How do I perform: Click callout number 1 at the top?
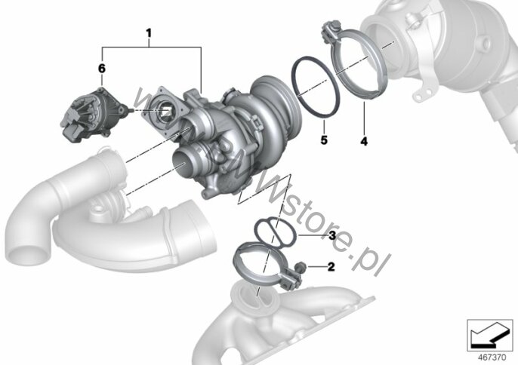point(149,33)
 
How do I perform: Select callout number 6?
point(102,69)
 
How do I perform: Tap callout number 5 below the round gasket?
point(324,140)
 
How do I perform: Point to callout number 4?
point(364,141)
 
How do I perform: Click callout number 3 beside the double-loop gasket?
point(332,235)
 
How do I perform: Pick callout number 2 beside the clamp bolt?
point(331,266)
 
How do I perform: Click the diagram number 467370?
point(492,357)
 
